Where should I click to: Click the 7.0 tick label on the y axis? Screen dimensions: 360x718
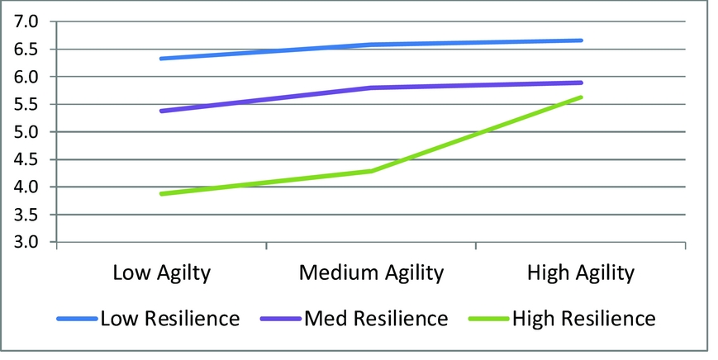pyautogui.click(x=27, y=21)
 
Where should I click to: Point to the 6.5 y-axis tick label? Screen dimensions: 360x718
pyautogui.click(x=27, y=49)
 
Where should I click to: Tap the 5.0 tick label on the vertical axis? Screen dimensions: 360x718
pyautogui.click(x=27, y=132)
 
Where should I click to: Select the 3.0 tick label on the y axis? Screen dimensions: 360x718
pyautogui.click(x=27, y=242)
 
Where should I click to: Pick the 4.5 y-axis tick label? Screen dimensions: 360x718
pyautogui.click(x=27, y=159)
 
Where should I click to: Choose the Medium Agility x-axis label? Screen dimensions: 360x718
pyautogui.click(x=371, y=272)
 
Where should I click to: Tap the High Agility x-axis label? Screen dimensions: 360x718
pyautogui.click(x=582, y=272)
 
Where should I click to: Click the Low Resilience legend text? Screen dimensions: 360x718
pyautogui.click(x=169, y=318)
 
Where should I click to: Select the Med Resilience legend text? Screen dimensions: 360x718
pyautogui.click(x=377, y=318)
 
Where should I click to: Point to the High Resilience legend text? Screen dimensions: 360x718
pyautogui.click(x=583, y=318)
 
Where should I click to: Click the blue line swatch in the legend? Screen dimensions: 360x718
pyautogui.click(x=77, y=318)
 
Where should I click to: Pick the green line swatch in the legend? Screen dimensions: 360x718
pyautogui.click(x=488, y=318)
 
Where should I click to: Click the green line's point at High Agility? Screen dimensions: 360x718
pyautogui.click(x=582, y=97)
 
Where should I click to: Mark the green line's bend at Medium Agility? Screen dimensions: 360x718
pyautogui.click(x=371, y=171)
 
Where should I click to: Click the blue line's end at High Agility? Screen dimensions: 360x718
pyautogui.click(x=582, y=40)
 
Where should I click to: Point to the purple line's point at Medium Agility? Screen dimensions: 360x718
pyautogui.click(x=371, y=88)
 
